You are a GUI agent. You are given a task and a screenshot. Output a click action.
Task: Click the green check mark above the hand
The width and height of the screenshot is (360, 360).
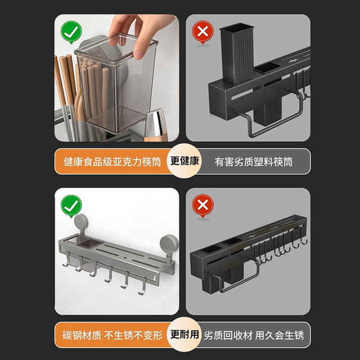click(x=70, y=32)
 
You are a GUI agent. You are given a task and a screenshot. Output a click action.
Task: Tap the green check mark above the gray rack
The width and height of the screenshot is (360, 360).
click(x=70, y=205)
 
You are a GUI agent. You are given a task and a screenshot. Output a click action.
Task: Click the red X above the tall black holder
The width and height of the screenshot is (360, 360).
click(x=202, y=32)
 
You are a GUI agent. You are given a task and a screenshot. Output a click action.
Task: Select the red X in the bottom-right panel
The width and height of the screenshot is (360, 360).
click(x=202, y=205)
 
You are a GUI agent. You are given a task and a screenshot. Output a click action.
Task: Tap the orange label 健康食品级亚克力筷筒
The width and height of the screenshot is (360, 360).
click(x=110, y=161)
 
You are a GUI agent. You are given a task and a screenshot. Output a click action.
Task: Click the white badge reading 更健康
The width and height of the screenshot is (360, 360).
click(x=184, y=161)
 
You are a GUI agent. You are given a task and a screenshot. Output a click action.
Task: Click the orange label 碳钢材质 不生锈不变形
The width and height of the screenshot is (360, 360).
click(x=110, y=335)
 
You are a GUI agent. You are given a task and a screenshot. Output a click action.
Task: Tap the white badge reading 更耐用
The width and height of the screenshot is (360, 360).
click(x=184, y=335)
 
